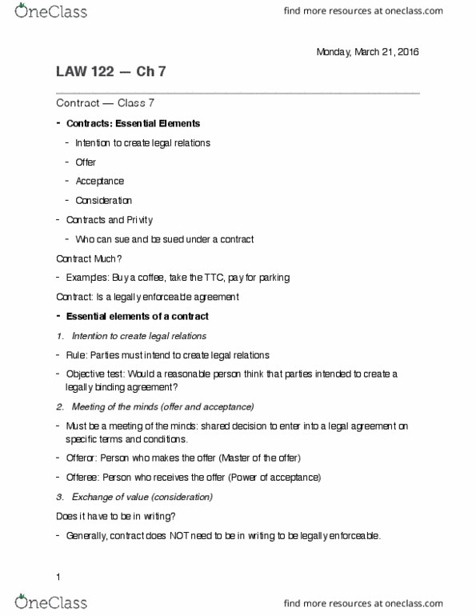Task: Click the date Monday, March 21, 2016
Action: coord(367,52)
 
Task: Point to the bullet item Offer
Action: coord(86,162)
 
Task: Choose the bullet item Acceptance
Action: coord(99,182)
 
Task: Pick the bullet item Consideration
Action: coord(103,201)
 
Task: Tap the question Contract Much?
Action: coord(87,258)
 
